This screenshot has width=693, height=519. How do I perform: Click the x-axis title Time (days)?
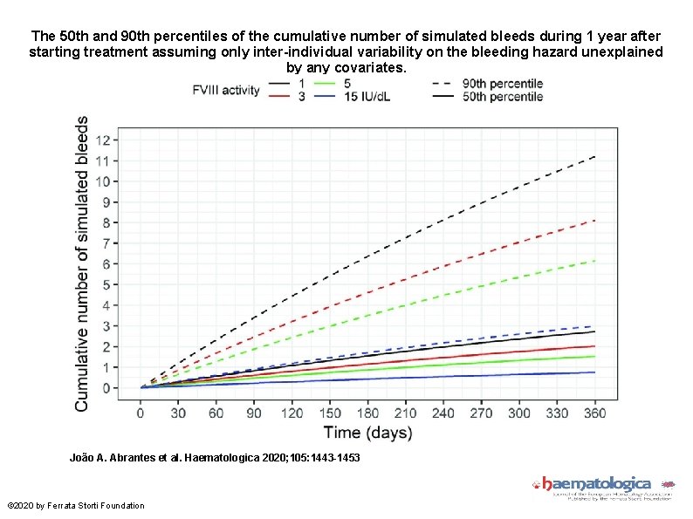(367, 432)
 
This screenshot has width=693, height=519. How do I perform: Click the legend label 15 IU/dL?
(367, 96)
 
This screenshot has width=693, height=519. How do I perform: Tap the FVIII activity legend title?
(226, 90)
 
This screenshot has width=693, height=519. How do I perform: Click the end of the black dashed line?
(595, 156)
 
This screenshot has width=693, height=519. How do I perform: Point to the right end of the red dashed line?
(595, 220)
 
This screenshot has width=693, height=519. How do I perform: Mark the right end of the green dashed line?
(595, 261)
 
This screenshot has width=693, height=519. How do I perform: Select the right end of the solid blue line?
(595, 372)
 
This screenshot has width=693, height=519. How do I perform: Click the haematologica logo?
(596, 483)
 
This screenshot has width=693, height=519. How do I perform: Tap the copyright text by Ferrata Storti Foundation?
(75, 506)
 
